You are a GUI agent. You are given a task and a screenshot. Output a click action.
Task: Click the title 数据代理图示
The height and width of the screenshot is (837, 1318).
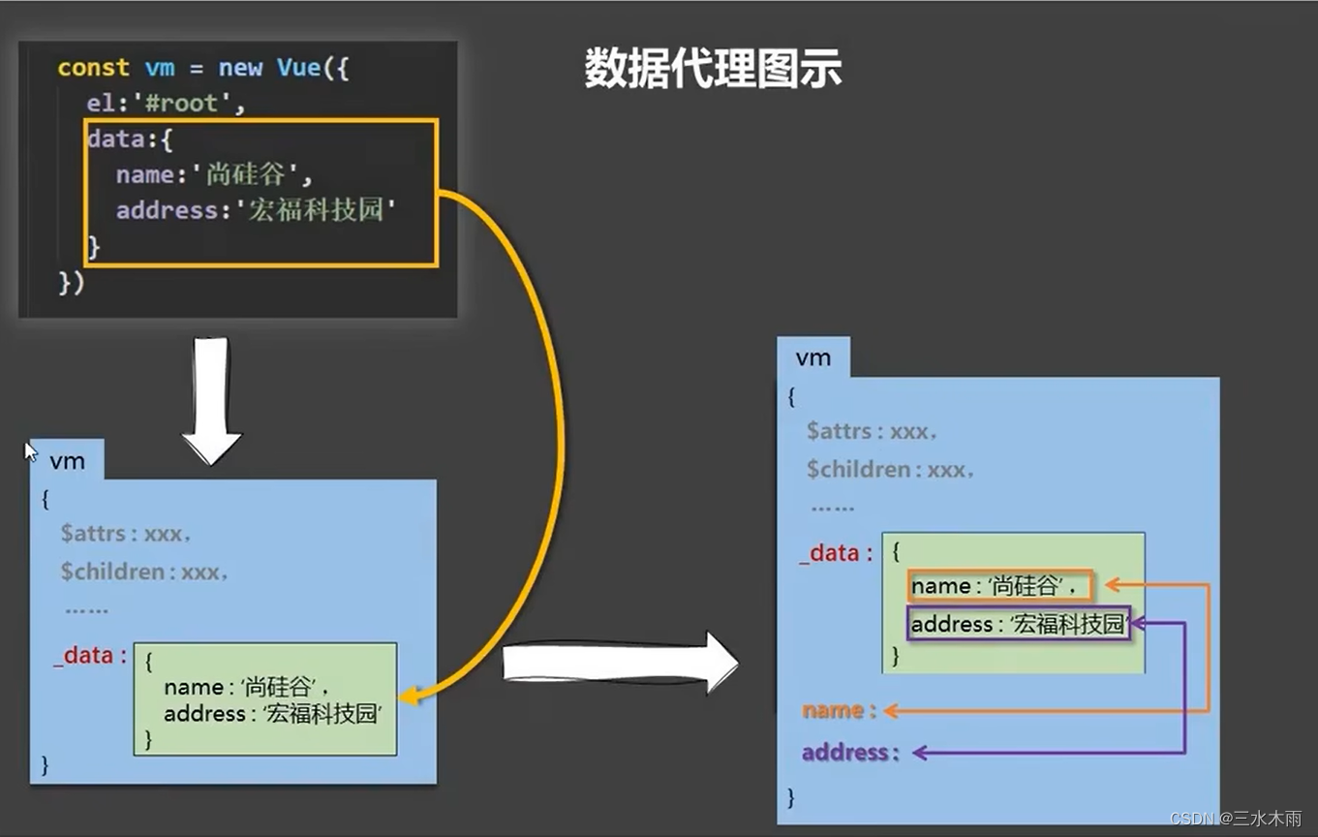tap(713, 70)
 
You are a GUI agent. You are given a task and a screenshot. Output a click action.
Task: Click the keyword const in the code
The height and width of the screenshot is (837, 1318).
tap(93, 68)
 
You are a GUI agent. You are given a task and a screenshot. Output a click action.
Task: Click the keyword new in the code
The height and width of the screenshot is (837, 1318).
tap(240, 68)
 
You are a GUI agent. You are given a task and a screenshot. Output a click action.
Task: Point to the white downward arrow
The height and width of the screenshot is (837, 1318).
tap(211, 399)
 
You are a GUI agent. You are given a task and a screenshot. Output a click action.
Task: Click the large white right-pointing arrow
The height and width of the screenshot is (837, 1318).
tap(620, 664)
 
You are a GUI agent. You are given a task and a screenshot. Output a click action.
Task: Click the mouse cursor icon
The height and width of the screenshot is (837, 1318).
tap(30, 451)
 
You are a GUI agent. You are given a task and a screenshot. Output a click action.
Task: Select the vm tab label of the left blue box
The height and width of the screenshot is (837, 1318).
tap(67, 461)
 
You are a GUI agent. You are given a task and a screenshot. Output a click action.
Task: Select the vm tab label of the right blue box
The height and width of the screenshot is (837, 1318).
tap(812, 357)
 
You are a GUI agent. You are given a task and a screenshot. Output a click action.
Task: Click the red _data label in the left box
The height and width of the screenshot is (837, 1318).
tap(90, 656)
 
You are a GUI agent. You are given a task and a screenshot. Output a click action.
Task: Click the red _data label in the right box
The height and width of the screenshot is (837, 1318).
tap(836, 553)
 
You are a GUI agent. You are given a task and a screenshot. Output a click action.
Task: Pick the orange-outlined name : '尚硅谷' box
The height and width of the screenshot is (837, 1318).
tap(999, 586)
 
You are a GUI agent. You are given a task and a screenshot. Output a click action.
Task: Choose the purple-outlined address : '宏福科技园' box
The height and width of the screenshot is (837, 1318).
tap(1019, 624)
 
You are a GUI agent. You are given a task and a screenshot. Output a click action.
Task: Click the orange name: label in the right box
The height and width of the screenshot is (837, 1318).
tap(839, 710)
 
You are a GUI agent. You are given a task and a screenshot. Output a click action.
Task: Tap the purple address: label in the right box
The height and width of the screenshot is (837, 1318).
tap(850, 752)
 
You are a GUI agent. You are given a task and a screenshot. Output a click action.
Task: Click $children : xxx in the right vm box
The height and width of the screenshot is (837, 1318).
tap(889, 470)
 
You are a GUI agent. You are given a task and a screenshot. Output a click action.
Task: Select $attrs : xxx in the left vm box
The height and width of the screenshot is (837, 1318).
tap(125, 533)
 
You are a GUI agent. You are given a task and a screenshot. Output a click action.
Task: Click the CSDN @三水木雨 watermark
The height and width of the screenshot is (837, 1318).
tap(1236, 819)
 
